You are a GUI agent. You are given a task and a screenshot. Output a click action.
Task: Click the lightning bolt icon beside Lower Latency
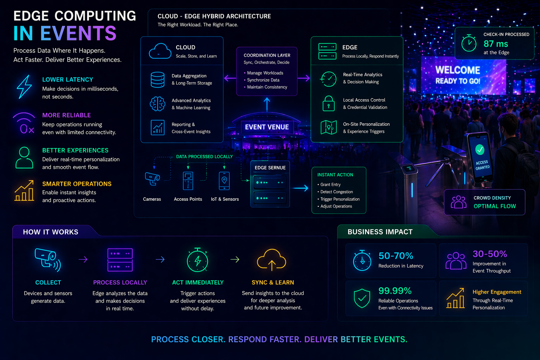click(x=24, y=86)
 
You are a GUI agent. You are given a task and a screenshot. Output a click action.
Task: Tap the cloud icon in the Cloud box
click(x=160, y=51)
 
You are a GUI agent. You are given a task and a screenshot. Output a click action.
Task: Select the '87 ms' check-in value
click(x=496, y=44)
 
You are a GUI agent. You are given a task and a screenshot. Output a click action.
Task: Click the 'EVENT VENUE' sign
click(x=267, y=127)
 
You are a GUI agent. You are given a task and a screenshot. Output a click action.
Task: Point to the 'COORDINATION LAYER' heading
click(x=267, y=55)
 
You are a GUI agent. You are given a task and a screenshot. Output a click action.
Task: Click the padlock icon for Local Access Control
click(x=329, y=103)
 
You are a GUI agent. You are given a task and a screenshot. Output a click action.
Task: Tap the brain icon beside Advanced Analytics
click(x=157, y=104)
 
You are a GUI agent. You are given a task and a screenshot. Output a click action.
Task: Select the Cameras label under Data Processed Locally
click(x=152, y=199)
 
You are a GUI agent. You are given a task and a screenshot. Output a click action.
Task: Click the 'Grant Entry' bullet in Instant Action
click(x=330, y=185)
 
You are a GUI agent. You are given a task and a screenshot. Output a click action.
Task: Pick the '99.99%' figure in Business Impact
click(x=395, y=291)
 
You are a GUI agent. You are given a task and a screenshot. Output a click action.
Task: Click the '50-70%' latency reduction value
click(x=396, y=256)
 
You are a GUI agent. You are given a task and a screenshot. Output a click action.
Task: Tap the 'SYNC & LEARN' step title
click(x=273, y=283)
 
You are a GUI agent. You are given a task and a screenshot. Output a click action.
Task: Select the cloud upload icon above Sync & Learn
click(x=271, y=260)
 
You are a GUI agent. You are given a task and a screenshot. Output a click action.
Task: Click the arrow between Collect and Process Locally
click(x=83, y=259)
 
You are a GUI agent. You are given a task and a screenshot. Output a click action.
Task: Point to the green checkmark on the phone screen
click(x=480, y=149)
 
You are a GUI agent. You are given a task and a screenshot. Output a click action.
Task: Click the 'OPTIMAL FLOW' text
click(x=495, y=206)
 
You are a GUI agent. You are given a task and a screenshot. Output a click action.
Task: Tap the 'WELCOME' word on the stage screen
click(x=458, y=70)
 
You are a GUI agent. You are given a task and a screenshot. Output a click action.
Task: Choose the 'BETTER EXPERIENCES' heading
click(x=75, y=150)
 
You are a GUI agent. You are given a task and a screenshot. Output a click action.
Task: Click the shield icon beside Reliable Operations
click(x=362, y=298)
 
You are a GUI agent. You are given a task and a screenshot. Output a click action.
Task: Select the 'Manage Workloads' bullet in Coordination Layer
click(x=265, y=73)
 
